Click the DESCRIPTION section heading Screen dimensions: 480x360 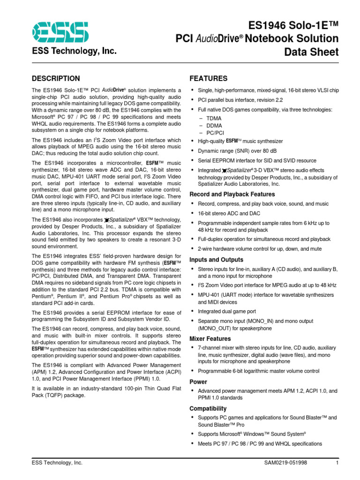(55, 78)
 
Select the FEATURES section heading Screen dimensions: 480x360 (208, 78)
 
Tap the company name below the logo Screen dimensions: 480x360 (74, 52)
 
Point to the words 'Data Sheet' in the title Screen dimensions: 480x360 (311, 52)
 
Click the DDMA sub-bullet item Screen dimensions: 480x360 (214, 126)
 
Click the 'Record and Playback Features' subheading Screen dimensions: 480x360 (232, 194)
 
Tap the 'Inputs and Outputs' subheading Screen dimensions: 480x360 (216, 260)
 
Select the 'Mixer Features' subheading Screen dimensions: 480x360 (210, 338)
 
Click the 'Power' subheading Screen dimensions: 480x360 (198, 382)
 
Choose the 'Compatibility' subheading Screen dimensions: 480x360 (208, 408)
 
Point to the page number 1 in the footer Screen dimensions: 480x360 (337, 463)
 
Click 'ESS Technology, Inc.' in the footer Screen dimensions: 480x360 (57, 463)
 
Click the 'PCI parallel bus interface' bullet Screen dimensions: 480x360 (240, 99)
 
